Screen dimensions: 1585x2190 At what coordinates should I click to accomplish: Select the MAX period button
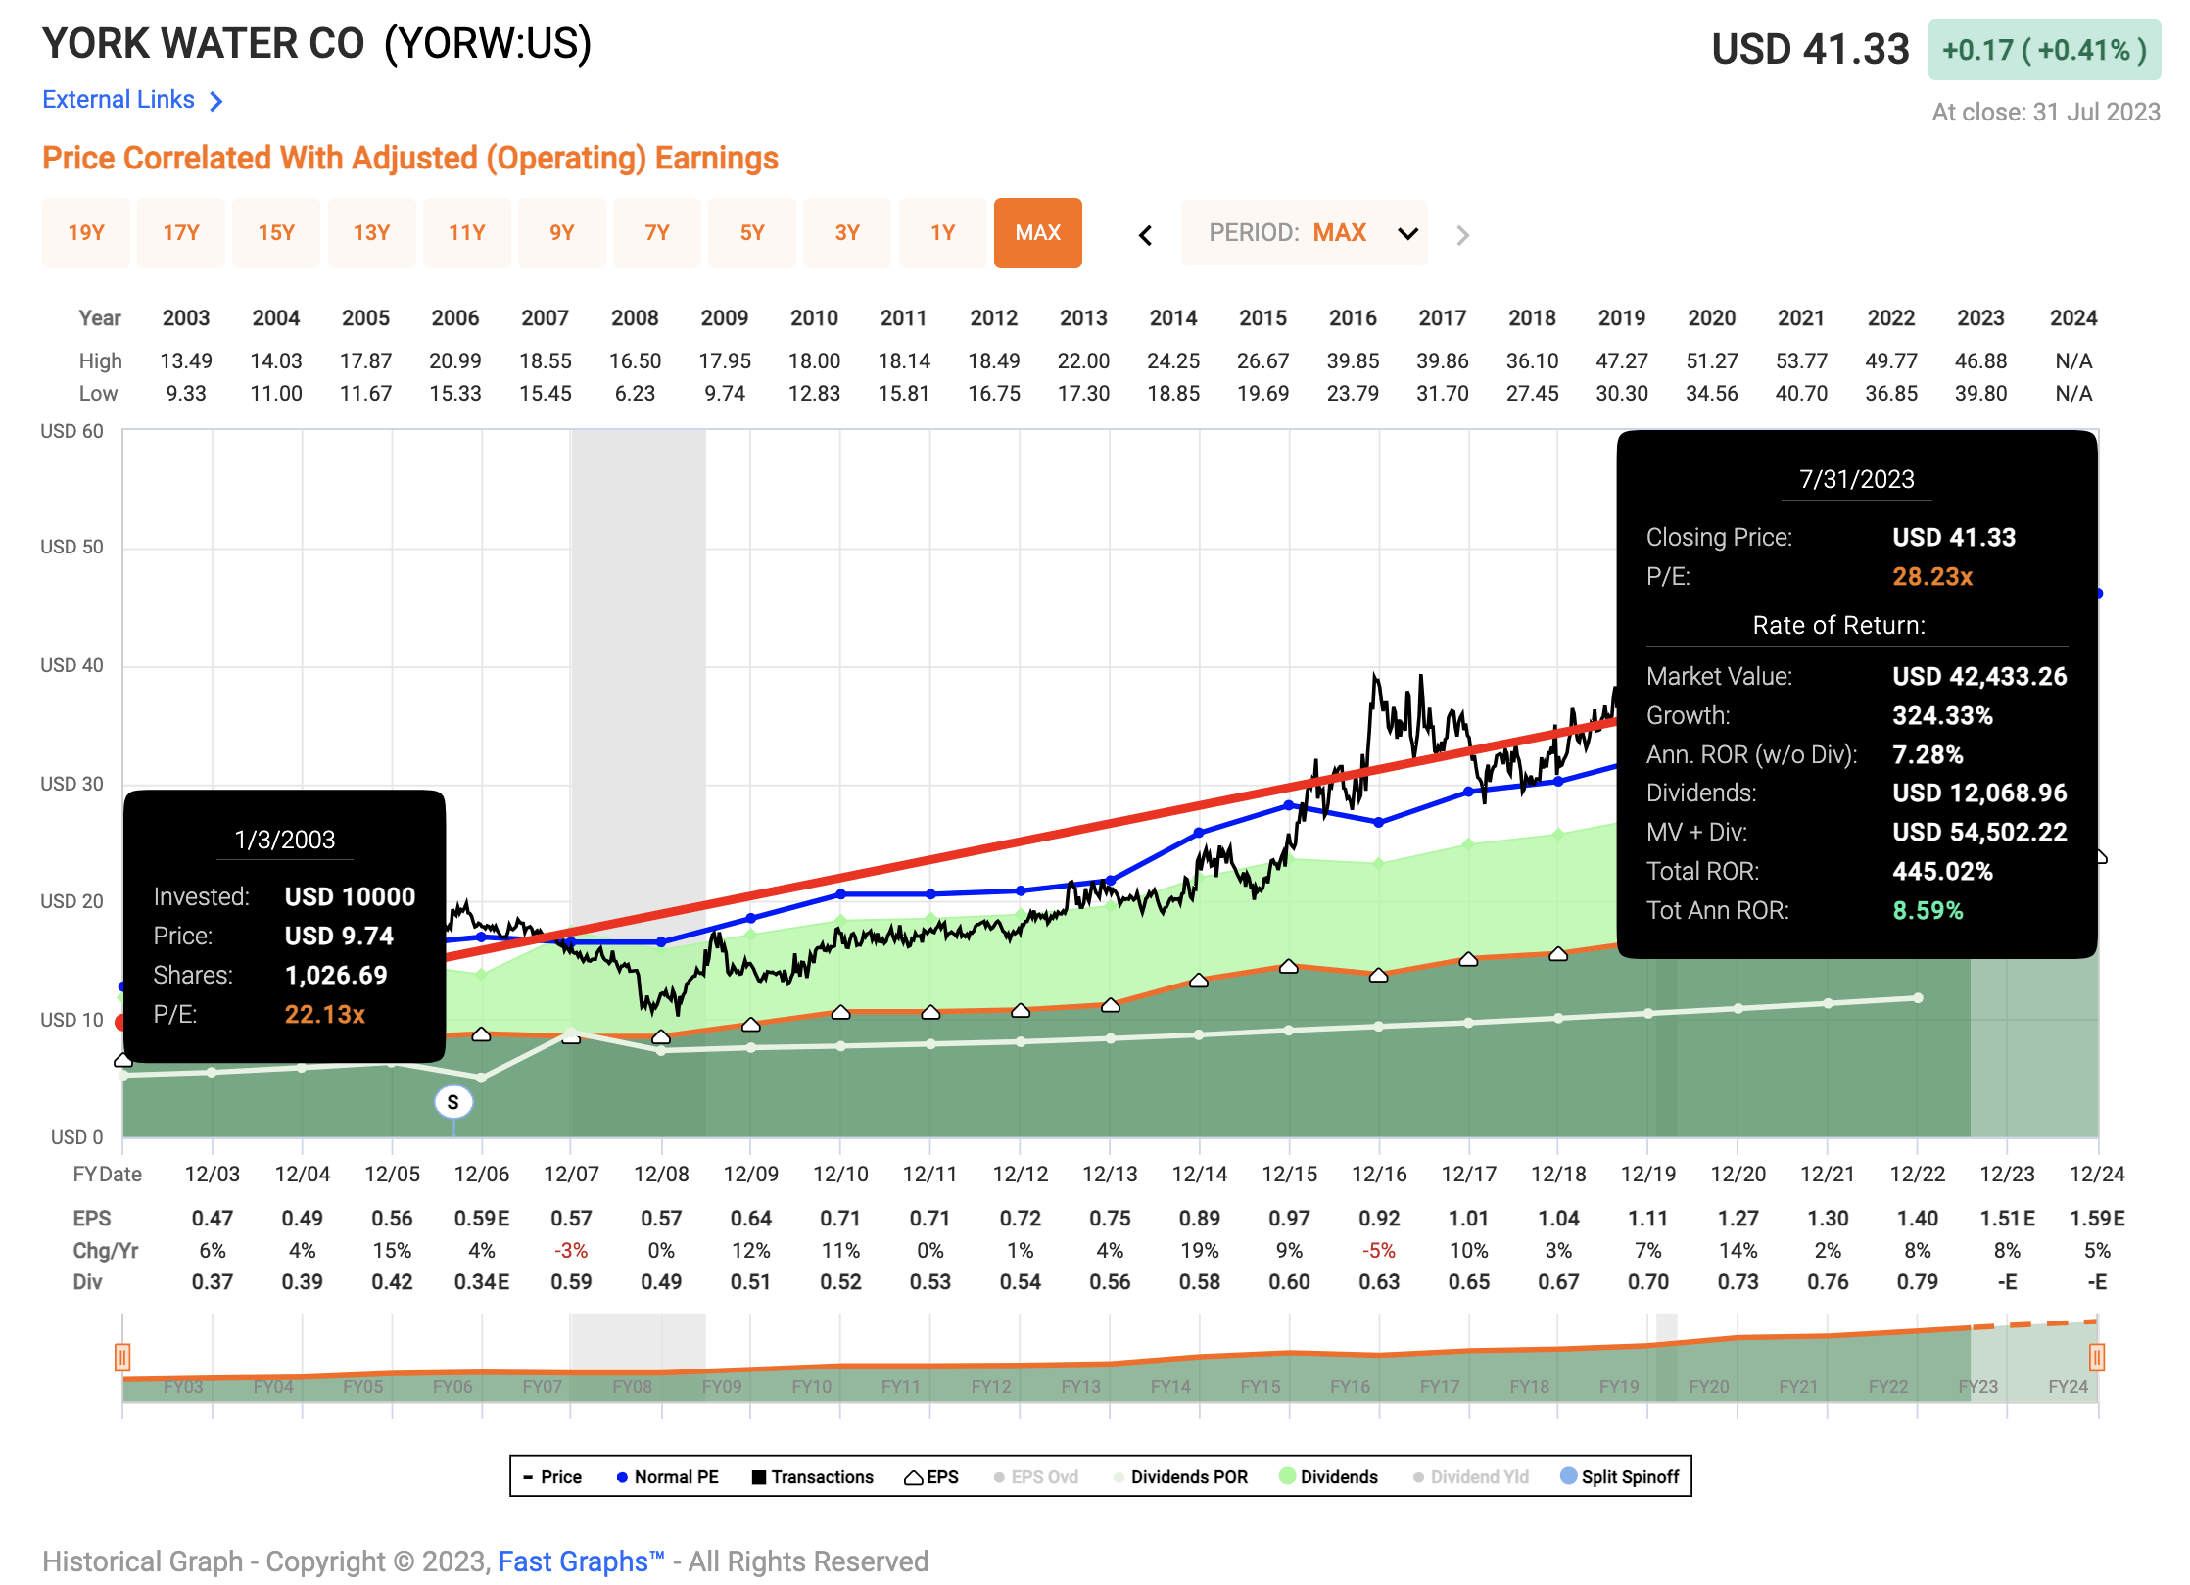pos(1037,233)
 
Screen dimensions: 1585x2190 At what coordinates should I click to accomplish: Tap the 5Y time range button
pos(751,233)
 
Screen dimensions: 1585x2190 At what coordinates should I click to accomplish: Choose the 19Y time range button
pos(86,233)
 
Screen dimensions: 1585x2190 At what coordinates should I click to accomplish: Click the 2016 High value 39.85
pos(1353,361)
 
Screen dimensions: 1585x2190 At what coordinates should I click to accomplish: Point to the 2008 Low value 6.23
pos(635,394)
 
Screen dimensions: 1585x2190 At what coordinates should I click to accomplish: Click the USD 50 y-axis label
pos(71,547)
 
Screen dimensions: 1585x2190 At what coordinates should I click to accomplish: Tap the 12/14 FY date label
pos(1199,1174)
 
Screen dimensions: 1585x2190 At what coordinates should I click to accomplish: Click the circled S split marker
pos(452,1102)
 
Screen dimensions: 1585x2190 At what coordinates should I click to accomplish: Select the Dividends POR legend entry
pos(1188,1477)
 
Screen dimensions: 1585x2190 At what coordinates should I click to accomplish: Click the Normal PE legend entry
pos(676,1477)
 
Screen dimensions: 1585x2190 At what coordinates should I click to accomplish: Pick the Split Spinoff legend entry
pos(1629,1477)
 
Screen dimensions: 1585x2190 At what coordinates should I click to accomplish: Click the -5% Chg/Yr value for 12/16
pos(1378,1251)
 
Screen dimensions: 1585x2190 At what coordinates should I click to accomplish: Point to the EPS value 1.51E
pos(2007,1219)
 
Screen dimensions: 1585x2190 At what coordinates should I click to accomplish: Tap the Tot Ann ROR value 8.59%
pos(1928,911)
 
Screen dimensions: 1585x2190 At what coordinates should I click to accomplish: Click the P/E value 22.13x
pos(324,1015)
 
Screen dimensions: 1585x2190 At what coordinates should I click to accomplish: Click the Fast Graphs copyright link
pos(581,1561)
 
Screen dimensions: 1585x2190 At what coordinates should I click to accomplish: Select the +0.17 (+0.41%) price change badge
pos(2044,50)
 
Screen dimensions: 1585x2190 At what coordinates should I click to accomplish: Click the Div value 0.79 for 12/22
pos(1917,1282)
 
